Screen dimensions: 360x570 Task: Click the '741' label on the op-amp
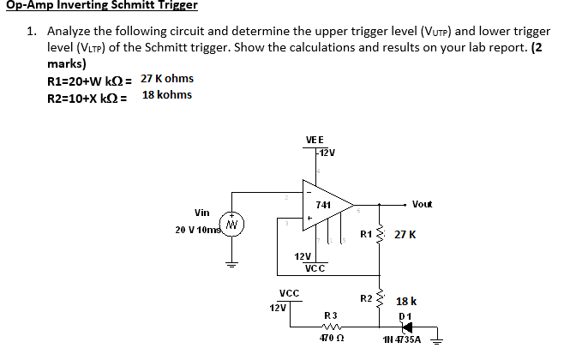323,204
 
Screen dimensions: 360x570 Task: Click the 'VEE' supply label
315,140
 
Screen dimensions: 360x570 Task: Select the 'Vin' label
202,213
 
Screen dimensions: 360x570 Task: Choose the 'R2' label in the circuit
366,298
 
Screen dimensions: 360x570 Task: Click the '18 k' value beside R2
406,302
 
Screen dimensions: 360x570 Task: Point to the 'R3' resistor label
330,315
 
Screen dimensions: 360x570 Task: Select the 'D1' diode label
406,316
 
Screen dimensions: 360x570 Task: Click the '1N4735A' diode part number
401,340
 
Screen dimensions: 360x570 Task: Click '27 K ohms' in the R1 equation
166,79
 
